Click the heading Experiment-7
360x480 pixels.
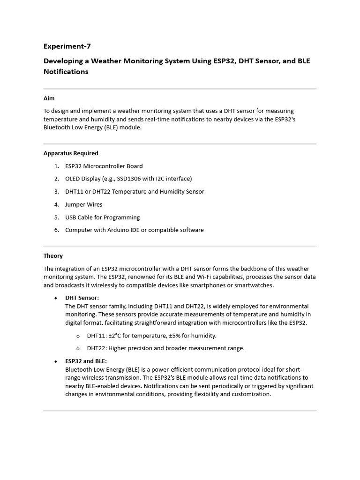67,46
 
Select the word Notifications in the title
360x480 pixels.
66,72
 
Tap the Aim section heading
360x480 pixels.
49,98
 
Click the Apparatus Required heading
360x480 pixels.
71,153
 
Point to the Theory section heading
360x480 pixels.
53,256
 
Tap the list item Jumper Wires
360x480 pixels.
83,204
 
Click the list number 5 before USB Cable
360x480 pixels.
56,217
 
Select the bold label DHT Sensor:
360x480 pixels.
82,298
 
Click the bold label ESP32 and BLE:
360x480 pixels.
86,361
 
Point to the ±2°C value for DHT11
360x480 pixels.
116,336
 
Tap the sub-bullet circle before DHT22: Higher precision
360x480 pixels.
78,348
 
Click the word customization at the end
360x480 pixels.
250,394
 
